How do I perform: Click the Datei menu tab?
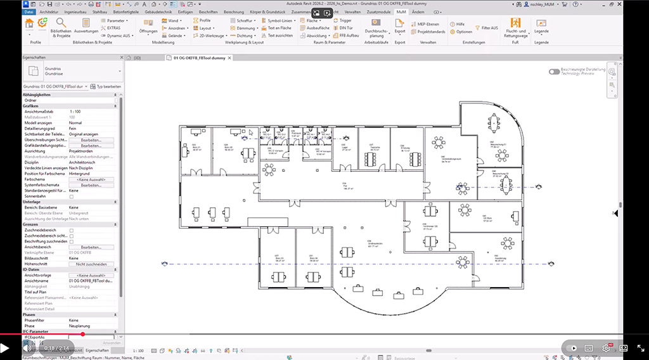pyautogui.click(x=29, y=11)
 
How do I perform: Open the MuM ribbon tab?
pyautogui.click(x=401, y=11)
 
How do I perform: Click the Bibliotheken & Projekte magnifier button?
pyautogui.click(x=61, y=23)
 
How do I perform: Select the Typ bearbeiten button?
pyautogui.click(x=106, y=86)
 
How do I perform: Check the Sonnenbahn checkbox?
pyautogui.click(x=72, y=196)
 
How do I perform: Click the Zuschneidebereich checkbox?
pyautogui.click(x=72, y=230)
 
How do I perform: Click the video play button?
pyautogui.click(x=5, y=348)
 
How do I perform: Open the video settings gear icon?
pyautogui.click(x=605, y=348)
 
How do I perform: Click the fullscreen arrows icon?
pyautogui.click(x=640, y=348)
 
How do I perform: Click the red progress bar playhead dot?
pyautogui.click(x=82, y=334)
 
